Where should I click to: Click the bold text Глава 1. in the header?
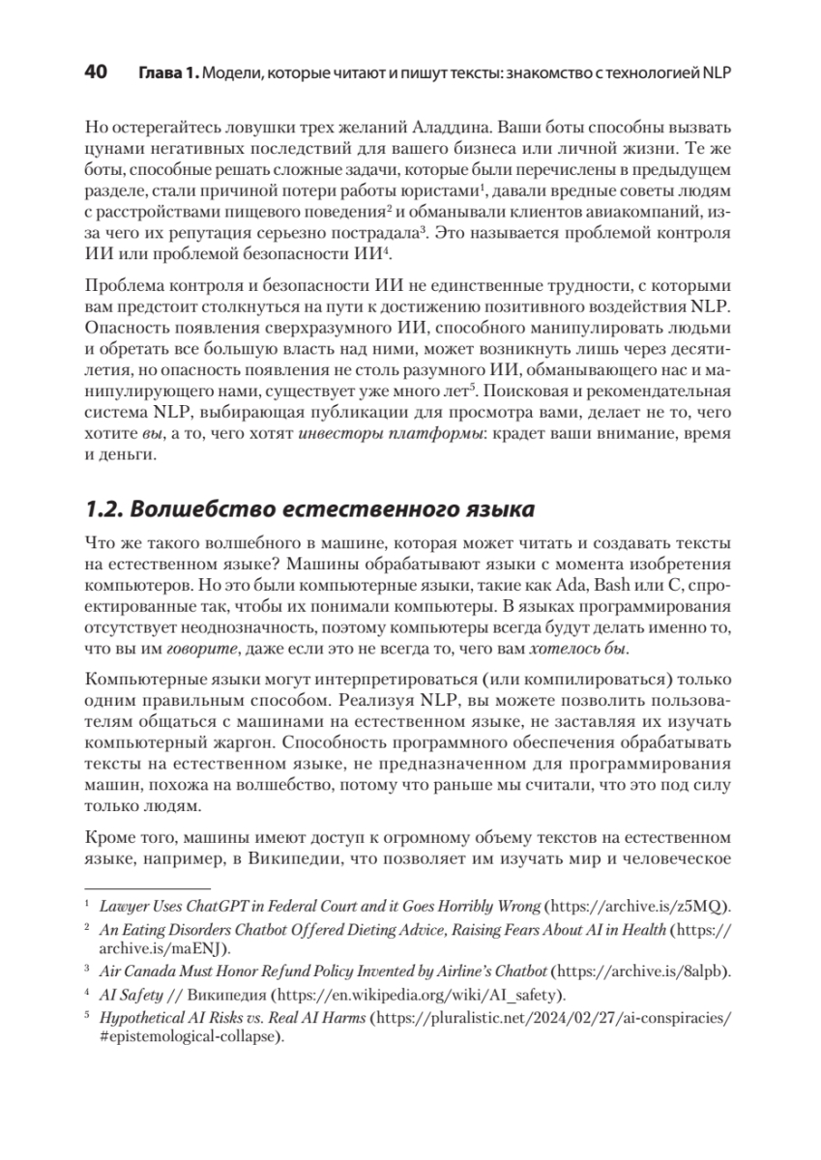(x=167, y=74)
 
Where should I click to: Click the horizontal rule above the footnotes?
(x=148, y=887)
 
